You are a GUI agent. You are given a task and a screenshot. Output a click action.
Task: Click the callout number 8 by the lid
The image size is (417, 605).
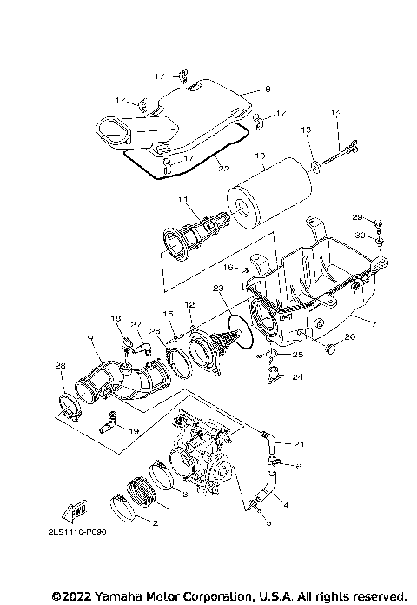point(268,88)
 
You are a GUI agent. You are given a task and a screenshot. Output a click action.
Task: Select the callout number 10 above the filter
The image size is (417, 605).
point(259,157)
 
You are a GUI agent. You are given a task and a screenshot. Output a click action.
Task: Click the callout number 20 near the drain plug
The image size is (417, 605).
point(349,337)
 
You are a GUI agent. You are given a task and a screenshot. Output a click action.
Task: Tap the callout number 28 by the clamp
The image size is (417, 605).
point(59,366)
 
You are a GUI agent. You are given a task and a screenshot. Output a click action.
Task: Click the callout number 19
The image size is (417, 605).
point(133,429)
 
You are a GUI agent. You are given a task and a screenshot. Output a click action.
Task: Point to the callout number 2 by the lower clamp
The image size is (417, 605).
point(155,523)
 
